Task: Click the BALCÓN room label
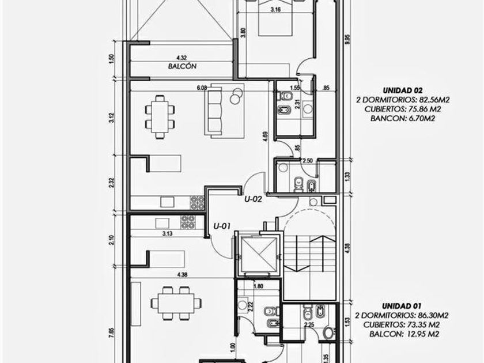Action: (x=182, y=66)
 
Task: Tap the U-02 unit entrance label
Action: (x=253, y=199)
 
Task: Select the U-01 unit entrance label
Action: (x=222, y=226)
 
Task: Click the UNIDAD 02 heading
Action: (x=402, y=90)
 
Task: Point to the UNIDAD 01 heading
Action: (x=402, y=306)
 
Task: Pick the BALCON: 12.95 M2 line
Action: (x=404, y=334)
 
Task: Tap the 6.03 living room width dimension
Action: (x=202, y=88)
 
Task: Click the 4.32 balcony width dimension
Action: (x=181, y=58)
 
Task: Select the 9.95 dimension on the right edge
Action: (x=348, y=40)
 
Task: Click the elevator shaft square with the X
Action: (x=259, y=253)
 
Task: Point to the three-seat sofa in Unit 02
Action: (x=213, y=111)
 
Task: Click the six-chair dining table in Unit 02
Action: (x=160, y=116)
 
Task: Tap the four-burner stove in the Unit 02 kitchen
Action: (x=197, y=202)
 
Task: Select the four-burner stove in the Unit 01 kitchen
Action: (x=188, y=222)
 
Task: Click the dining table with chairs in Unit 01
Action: (x=176, y=303)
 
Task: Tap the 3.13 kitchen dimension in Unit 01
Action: (x=167, y=234)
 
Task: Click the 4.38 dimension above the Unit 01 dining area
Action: (x=182, y=274)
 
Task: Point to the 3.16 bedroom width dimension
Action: (x=275, y=10)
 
